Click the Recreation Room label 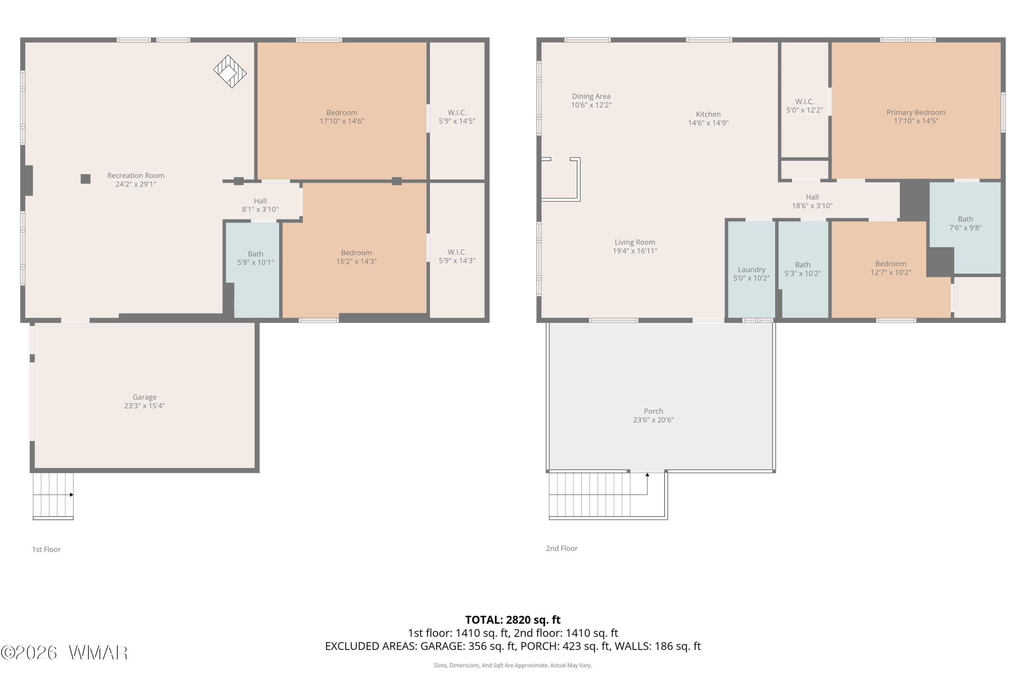(136, 175)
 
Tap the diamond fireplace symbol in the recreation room (230, 71)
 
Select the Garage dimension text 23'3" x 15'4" (144, 406)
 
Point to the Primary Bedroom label (916, 113)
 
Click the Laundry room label (751, 269)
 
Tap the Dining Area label (591, 96)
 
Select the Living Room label (635, 242)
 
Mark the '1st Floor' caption (46, 549)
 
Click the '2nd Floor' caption (562, 548)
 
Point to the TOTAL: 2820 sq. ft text (513, 619)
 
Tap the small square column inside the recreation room (85, 179)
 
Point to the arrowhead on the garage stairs (71, 495)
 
